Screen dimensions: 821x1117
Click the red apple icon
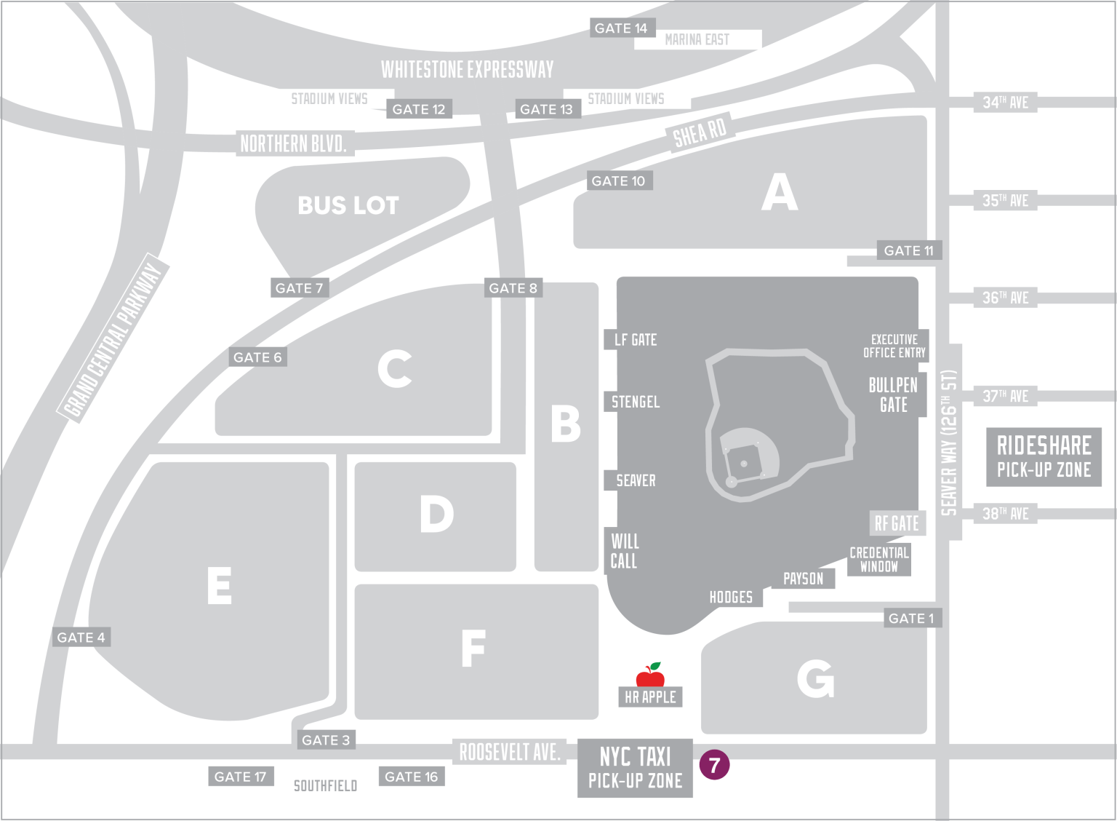(x=650, y=675)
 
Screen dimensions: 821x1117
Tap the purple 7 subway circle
(x=714, y=765)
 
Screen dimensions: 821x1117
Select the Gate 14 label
(x=620, y=28)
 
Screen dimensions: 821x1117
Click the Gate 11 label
(x=908, y=250)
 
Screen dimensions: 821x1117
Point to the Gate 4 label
(x=81, y=638)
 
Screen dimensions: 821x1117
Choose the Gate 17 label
(x=240, y=777)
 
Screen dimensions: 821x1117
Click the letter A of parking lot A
(x=780, y=193)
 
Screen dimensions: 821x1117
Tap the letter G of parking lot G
(x=815, y=679)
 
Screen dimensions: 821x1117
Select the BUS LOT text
(x=348, y=205)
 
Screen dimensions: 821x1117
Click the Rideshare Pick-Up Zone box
(x=1044, y=457)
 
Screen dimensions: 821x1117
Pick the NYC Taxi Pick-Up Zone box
(x=635, y=768)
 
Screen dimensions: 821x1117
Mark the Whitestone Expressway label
(x=467, y=69)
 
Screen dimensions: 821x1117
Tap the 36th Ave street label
(x=1005, y=298)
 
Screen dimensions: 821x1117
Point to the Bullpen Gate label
(x=893, y=395)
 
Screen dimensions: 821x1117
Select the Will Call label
(x=624, y=551)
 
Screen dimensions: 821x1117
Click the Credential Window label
(x=879, y=560)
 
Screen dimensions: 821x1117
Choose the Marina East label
(x=697, y=39)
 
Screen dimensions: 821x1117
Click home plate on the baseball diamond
(x=732, y=482)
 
